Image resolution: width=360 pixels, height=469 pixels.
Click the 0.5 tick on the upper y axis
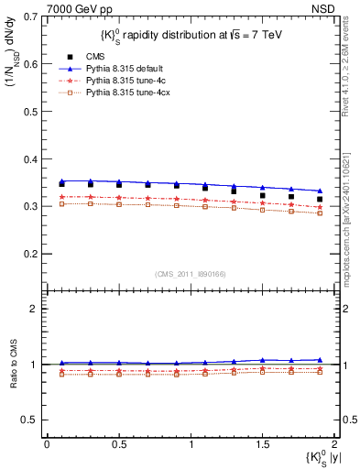coord(28,112)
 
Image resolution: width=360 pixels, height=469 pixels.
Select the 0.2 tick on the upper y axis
coord(28,254)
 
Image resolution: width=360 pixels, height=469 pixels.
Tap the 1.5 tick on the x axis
coord(262,444)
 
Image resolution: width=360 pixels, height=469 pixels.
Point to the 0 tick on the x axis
coord(47,444)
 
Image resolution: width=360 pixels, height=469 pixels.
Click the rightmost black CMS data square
coord(320,199)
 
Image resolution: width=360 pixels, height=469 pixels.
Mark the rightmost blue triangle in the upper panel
coord(320,191)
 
